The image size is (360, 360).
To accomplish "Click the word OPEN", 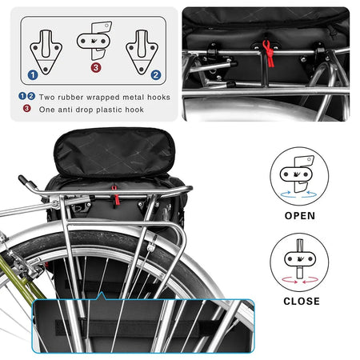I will click(x=299, y=215).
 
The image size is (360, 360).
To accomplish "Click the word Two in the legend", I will click(x=39, y=96).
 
